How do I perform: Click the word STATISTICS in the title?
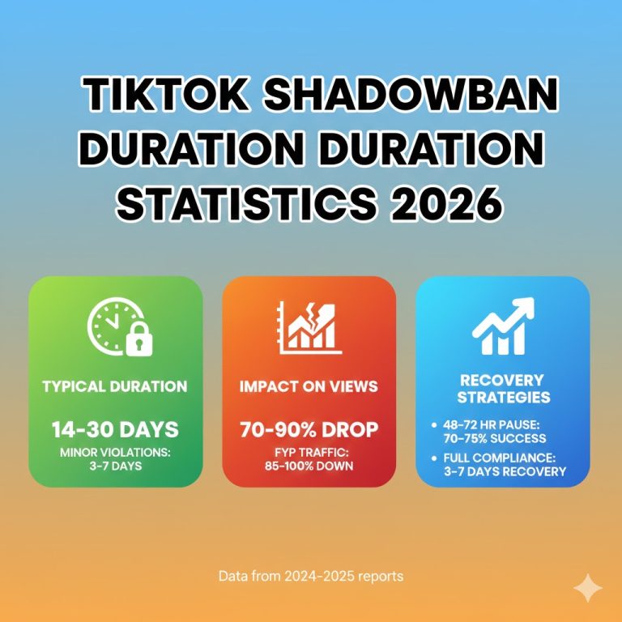click(246, 203)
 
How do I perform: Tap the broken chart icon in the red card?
click(309, 328)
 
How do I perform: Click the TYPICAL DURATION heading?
click(114, 386)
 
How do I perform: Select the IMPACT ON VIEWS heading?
click(309, 386)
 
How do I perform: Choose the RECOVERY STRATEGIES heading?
click(503, 388)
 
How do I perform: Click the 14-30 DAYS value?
click(114, 429)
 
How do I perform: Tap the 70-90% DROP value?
click(309, 429)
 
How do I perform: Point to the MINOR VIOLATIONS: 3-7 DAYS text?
click(114, 459)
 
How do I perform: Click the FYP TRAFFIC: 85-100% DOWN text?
click(309, 459)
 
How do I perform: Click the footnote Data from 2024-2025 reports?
click(311, 577)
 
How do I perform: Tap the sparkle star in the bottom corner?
click(585, 588)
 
